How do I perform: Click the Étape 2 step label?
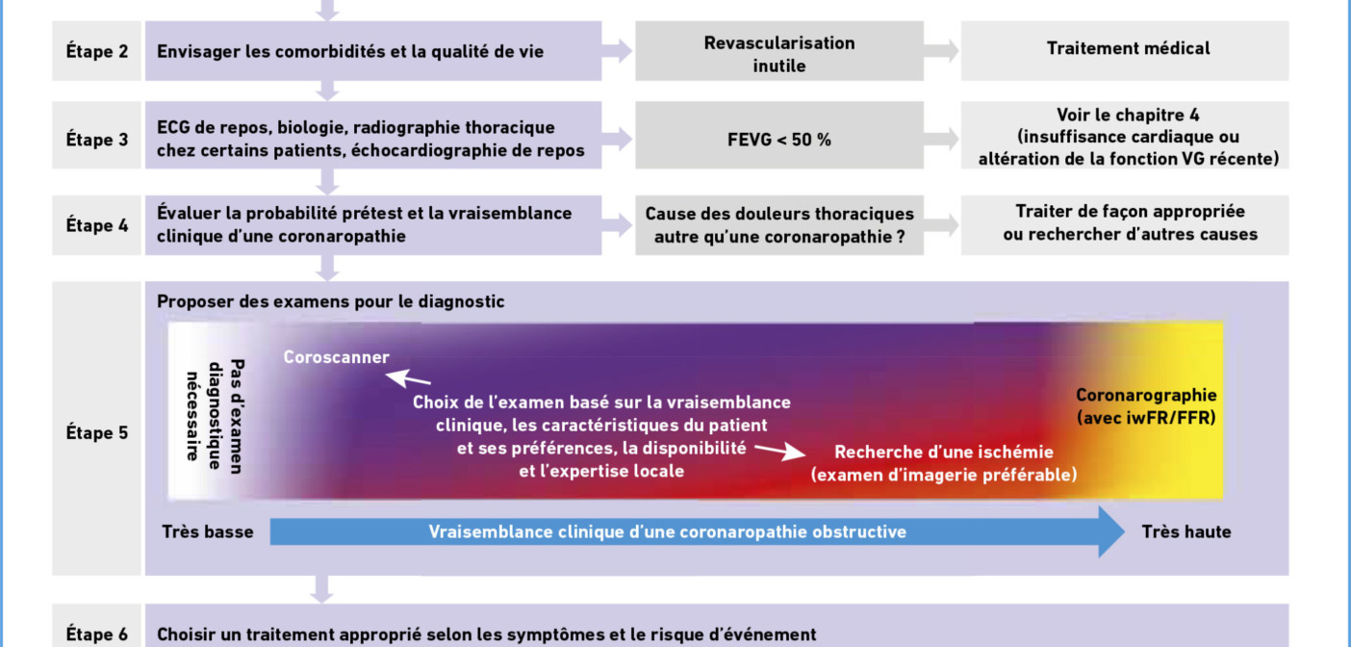97,51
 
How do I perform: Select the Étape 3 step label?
97,139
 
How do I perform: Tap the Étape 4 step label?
97,225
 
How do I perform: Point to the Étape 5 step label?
97,432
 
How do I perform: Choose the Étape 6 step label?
97,634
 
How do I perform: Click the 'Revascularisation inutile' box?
779,51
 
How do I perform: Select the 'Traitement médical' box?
1125,51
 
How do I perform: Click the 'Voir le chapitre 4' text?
1128,115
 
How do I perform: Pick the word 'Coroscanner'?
337,356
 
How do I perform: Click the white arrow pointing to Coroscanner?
408,378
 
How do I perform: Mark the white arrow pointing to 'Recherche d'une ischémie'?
780,451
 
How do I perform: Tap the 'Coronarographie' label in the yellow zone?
1147,395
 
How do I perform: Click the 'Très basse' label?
208,531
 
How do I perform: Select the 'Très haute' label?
1186,531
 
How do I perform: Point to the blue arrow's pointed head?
1124,531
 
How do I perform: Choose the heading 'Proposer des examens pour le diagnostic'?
330,301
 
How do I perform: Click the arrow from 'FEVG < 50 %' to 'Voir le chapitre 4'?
941,139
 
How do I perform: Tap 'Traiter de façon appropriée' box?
1125,225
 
